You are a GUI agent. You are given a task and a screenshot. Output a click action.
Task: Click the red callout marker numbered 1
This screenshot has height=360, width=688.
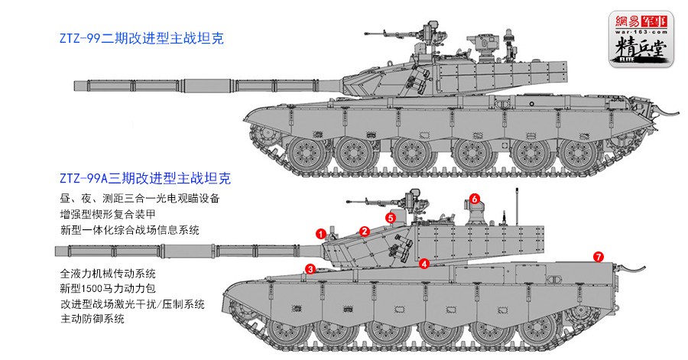(322, 232)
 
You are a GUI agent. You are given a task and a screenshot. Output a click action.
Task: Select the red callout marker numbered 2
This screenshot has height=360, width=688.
(365, 231)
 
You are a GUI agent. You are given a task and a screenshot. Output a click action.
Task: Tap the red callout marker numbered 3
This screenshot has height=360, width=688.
(310, 268)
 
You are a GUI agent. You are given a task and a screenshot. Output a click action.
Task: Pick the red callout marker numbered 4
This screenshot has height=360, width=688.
(424, 264)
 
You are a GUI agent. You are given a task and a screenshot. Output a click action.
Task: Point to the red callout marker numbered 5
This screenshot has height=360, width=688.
(391, 218)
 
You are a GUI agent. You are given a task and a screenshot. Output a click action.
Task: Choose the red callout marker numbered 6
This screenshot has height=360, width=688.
(474, 199)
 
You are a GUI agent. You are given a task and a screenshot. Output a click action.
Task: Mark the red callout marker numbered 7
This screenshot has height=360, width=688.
(598, 256)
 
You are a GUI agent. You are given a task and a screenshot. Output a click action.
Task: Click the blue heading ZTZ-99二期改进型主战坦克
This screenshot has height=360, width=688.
(141, 37)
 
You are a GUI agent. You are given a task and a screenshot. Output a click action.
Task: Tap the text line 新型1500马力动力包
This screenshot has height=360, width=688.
(112, 288)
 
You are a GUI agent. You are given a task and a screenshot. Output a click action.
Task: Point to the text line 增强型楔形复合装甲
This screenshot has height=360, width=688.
(112, 214)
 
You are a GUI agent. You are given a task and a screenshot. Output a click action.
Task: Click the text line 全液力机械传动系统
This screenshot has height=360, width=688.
(107, 273)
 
